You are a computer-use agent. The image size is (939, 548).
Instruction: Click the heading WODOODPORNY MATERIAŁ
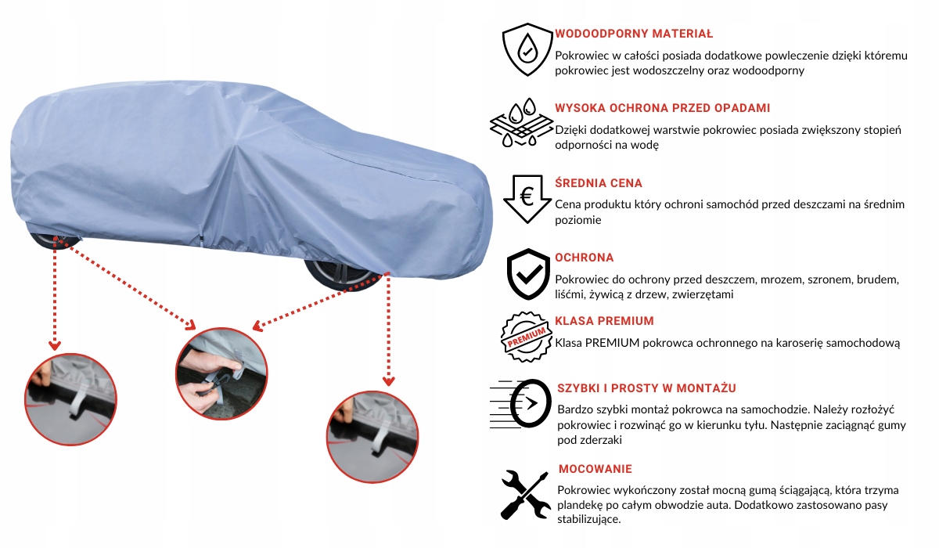coord(634,34)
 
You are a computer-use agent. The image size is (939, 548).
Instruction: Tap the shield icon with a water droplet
coord(527,49)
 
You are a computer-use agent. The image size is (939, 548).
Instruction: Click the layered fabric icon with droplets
coord(517,122)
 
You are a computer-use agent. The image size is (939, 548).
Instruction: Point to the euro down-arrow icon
coord(527,198)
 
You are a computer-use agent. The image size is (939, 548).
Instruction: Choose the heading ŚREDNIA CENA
coord(599,183)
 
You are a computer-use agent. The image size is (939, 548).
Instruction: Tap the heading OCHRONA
coord(585,258)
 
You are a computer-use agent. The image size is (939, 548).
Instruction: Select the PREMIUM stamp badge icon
coord(526,337)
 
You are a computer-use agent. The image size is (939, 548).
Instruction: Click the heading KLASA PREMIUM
coord(604,321)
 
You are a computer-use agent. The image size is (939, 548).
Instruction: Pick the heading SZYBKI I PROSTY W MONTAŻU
coord(646,388)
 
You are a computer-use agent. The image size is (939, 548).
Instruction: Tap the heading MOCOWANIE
coord(595,469)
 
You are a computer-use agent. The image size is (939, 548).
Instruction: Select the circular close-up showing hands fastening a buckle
coord(221,368)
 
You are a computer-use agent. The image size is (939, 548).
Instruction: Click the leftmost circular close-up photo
coord(70,395)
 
